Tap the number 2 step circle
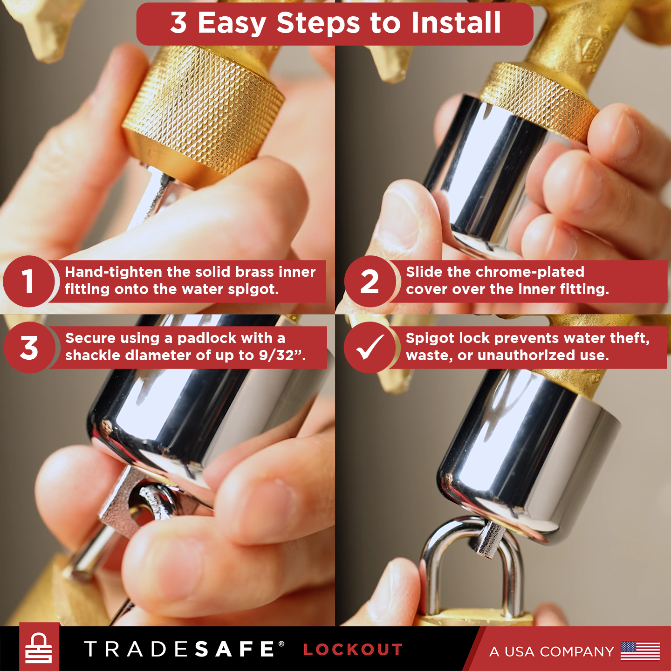[370, 281]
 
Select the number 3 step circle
[29, 348]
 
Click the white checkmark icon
[370, 348]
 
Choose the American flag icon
[640, 650]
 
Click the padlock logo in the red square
[39, 648]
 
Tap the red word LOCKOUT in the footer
[353, 650]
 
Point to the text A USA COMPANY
[551, 651]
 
